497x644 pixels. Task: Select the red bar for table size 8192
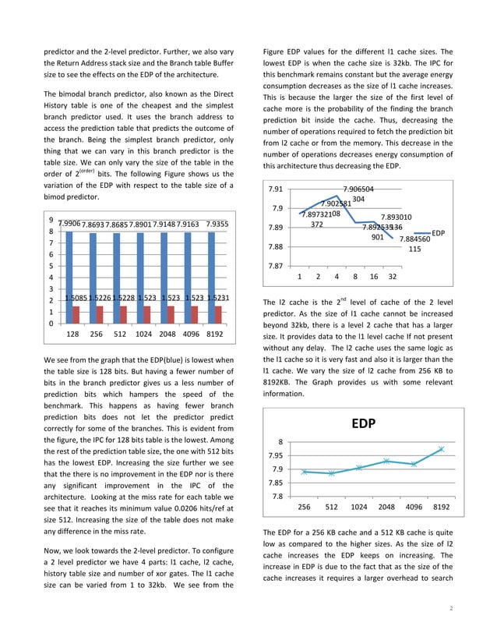point(220,313)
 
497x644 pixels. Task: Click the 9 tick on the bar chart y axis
point(51,220)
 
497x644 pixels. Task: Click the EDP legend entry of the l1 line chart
point(438,233)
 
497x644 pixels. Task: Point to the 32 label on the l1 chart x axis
point(392,277)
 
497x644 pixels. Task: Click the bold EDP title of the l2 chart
point(364,425)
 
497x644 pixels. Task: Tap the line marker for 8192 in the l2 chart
point(441,449)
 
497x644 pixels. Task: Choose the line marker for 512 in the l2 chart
point(332,473)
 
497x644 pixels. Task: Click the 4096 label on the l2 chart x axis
point(414,507)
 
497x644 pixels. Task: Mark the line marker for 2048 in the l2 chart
point(386,462)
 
